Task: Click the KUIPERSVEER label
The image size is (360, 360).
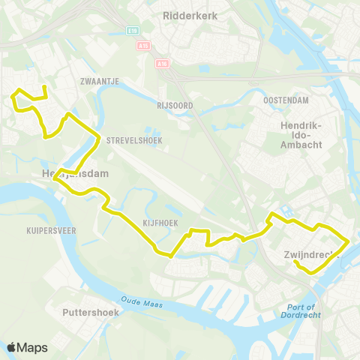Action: (51, 231)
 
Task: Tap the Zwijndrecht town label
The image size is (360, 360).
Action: (312, 254)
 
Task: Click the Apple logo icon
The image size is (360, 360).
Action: (12, 347)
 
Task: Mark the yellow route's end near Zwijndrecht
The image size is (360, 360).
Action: (296, 262)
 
